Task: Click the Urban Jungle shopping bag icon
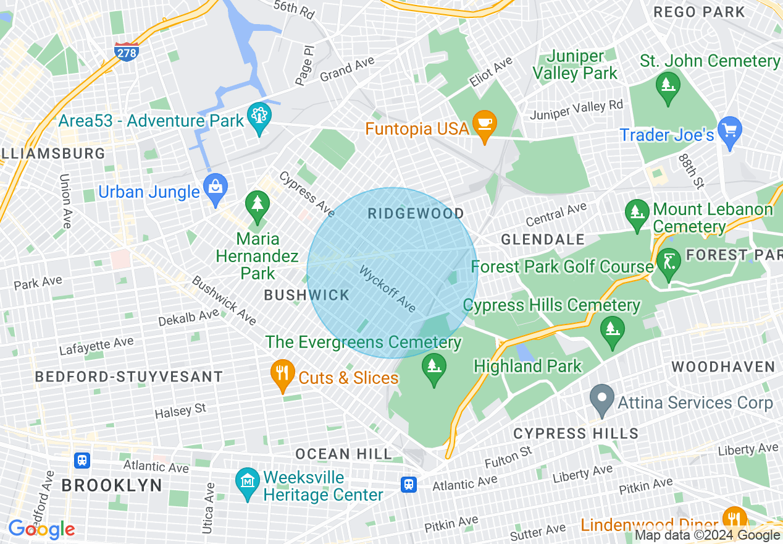point(216,189)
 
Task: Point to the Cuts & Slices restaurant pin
point(283,375)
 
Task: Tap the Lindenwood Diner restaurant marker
point(734,519)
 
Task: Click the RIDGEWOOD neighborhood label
point(416,214)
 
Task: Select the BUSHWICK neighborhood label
point(307,295)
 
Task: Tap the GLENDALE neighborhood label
point(543,239)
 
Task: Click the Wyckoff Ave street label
point(388,289)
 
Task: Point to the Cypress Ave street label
point(307,194)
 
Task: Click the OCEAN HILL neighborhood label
point(343,454)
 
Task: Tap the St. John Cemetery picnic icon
point(668,84)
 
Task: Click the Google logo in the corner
point(41,529)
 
